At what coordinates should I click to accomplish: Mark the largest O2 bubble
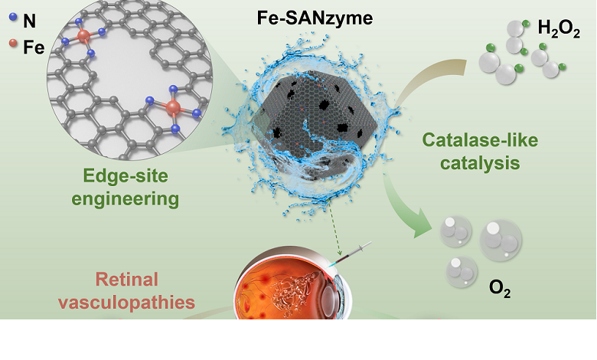pos(501,243)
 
